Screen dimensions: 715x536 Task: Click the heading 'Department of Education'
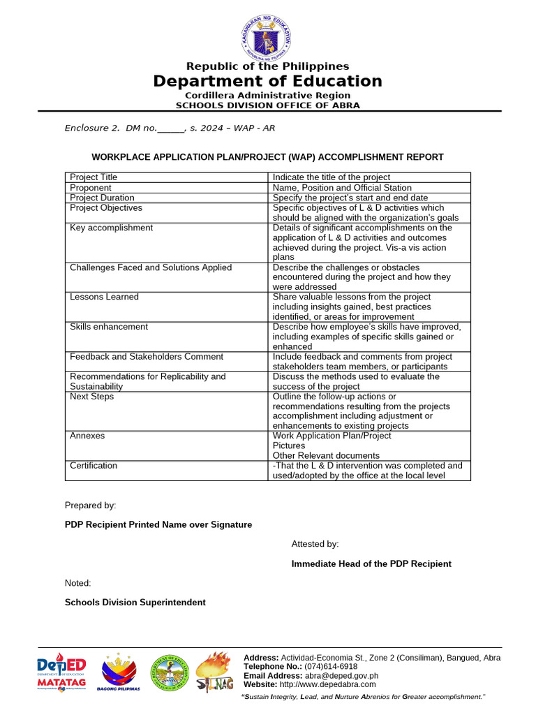point(268,81)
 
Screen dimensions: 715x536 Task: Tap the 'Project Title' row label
point(94,177)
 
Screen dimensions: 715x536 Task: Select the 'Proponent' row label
point(91,188)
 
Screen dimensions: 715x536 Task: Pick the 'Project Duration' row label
point(102,198)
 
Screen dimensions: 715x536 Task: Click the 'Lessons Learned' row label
point(104,297)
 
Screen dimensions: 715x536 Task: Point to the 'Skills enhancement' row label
point(109,327)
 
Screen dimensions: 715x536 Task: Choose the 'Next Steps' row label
point(91,397)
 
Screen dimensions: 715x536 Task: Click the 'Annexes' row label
point(87,436)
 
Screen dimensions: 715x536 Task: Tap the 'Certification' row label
point(94,466)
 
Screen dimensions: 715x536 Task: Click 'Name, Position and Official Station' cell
point(342,188)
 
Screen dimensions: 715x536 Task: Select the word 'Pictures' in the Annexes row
point(289,445)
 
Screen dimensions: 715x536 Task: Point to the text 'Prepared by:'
point(91,505)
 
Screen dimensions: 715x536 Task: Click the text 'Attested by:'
point(315,544)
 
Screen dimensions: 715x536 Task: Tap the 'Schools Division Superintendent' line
point(135,602)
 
